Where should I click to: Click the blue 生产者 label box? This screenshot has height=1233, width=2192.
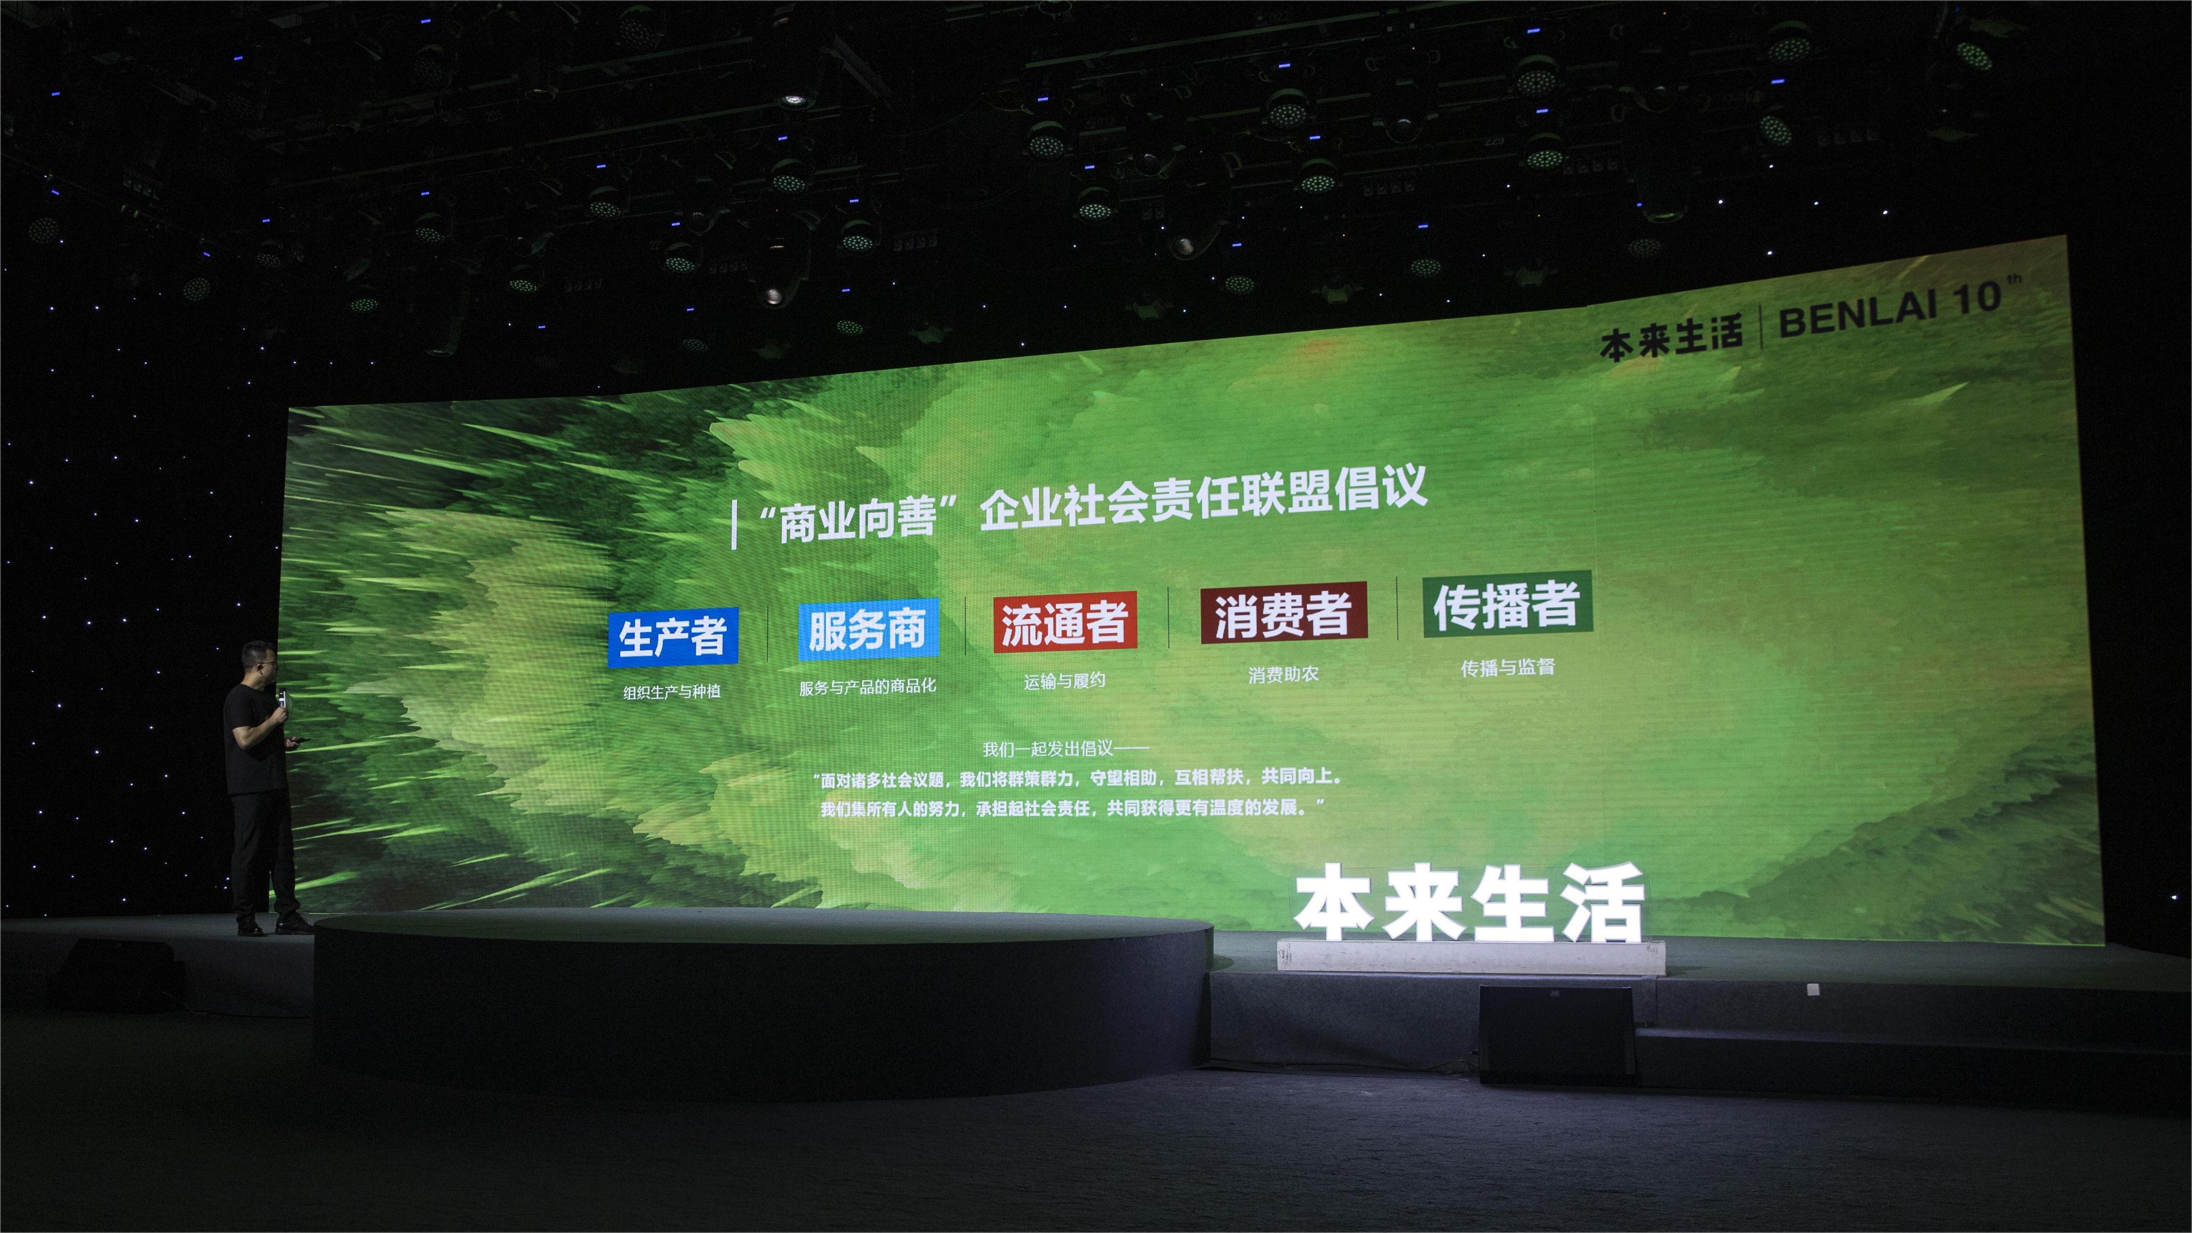point(672,636)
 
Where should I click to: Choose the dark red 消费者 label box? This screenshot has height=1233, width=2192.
point(1283,612)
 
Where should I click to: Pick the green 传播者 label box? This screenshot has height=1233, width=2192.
point(1507,604)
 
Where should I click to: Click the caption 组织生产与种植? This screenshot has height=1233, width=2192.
point(672,692)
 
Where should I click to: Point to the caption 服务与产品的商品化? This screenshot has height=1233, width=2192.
point(867,686)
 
